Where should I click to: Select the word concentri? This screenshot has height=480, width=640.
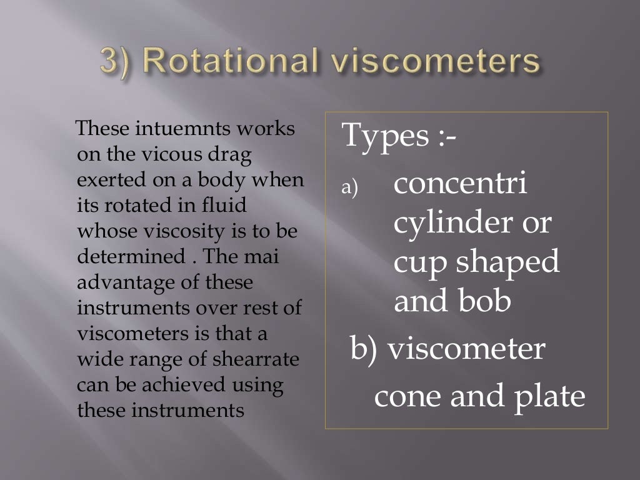(461, 185)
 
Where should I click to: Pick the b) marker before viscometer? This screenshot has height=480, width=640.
(364, 349)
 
